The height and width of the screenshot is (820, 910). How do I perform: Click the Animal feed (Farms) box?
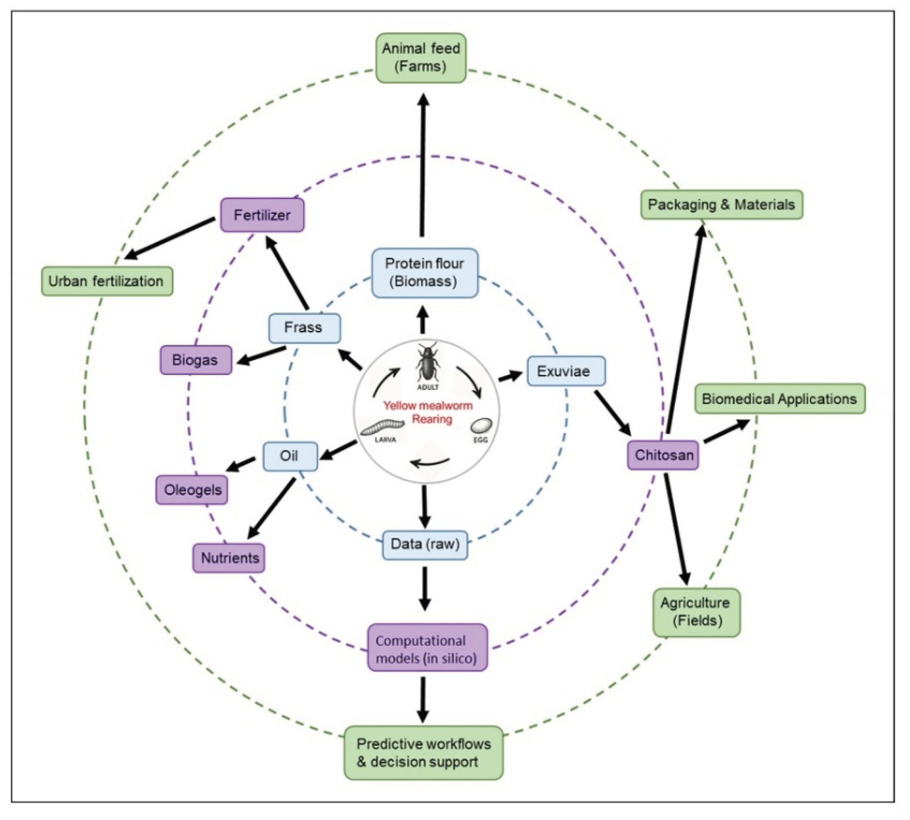pyautogui.click(x=420, y=58)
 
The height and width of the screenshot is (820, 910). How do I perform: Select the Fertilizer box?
pyautogui.click(x=262, y=215)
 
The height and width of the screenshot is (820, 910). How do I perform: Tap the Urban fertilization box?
pyautogui.click(x=106, y=281)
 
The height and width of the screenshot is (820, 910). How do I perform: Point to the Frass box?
pyautogui.click(x=304, y=328)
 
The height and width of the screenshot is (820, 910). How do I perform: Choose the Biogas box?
pyautogui.click(x=196, y=360)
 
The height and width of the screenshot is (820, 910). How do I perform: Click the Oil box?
pyautogui.click(x=290, y=456)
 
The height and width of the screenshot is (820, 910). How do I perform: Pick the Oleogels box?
pyautogui.click(x=192, y=490)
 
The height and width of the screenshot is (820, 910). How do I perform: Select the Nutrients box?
pyautogui.click(x=229, y=558)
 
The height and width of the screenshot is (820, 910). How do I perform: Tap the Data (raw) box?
pyautogui.click(x=425, y=544)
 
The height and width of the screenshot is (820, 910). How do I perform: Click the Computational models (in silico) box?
pyautogui.click(x=427, y=649)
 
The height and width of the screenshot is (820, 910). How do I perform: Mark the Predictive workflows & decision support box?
pyautogui.click(x=423, y=753)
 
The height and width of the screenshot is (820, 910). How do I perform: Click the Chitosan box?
pyautogui.click(x=663, y=455)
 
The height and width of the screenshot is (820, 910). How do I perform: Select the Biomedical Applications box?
pyautogui.click(x=779, y=399)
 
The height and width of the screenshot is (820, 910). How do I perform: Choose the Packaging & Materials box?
pyautogui.click(x=721, y=204)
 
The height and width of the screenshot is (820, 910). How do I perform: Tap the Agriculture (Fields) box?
pyautogui.click(x=696, y=612)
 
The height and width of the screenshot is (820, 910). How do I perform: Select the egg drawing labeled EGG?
pyautogui.click(x=480, y=426)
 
